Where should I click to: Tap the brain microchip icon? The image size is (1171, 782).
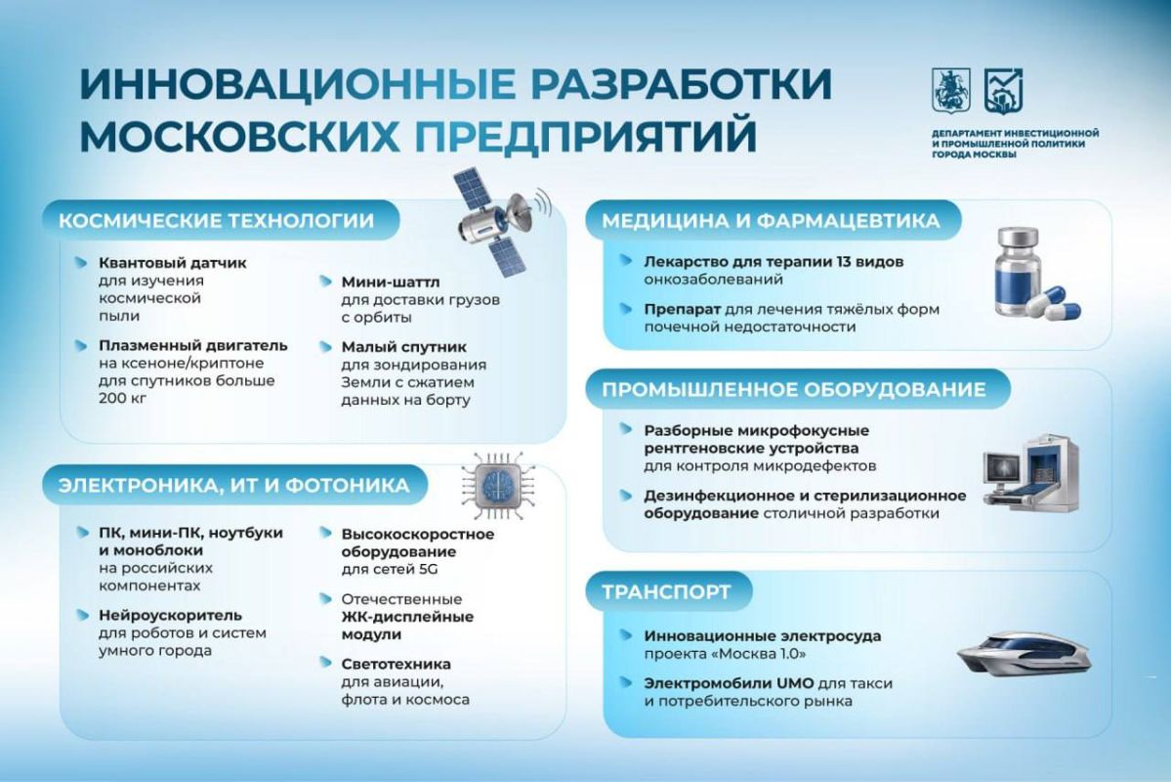(493, 485)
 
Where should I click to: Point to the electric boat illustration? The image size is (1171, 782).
(1024, 653)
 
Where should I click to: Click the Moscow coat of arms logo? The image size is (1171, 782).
(950, 91)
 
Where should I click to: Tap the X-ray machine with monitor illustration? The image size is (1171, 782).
(1030, 472)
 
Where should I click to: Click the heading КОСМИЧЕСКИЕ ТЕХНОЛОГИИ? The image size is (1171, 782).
(216, 221)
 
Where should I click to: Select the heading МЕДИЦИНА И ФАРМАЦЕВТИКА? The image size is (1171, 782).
(771, 221)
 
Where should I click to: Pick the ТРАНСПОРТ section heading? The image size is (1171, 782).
(666, 591)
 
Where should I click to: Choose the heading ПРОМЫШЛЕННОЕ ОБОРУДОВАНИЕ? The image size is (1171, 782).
(794, 389)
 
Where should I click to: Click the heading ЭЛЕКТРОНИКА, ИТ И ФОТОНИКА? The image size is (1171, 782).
(233, 486)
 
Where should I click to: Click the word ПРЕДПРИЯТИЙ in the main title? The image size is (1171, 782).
(586, 135)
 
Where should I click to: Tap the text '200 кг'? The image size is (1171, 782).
(122, 399)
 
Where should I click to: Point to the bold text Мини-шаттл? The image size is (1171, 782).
(391, 282)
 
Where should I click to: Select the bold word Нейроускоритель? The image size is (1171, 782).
(170, 615)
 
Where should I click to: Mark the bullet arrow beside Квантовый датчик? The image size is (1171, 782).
(81, 262)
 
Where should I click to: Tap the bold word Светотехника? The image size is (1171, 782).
(396, 664)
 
